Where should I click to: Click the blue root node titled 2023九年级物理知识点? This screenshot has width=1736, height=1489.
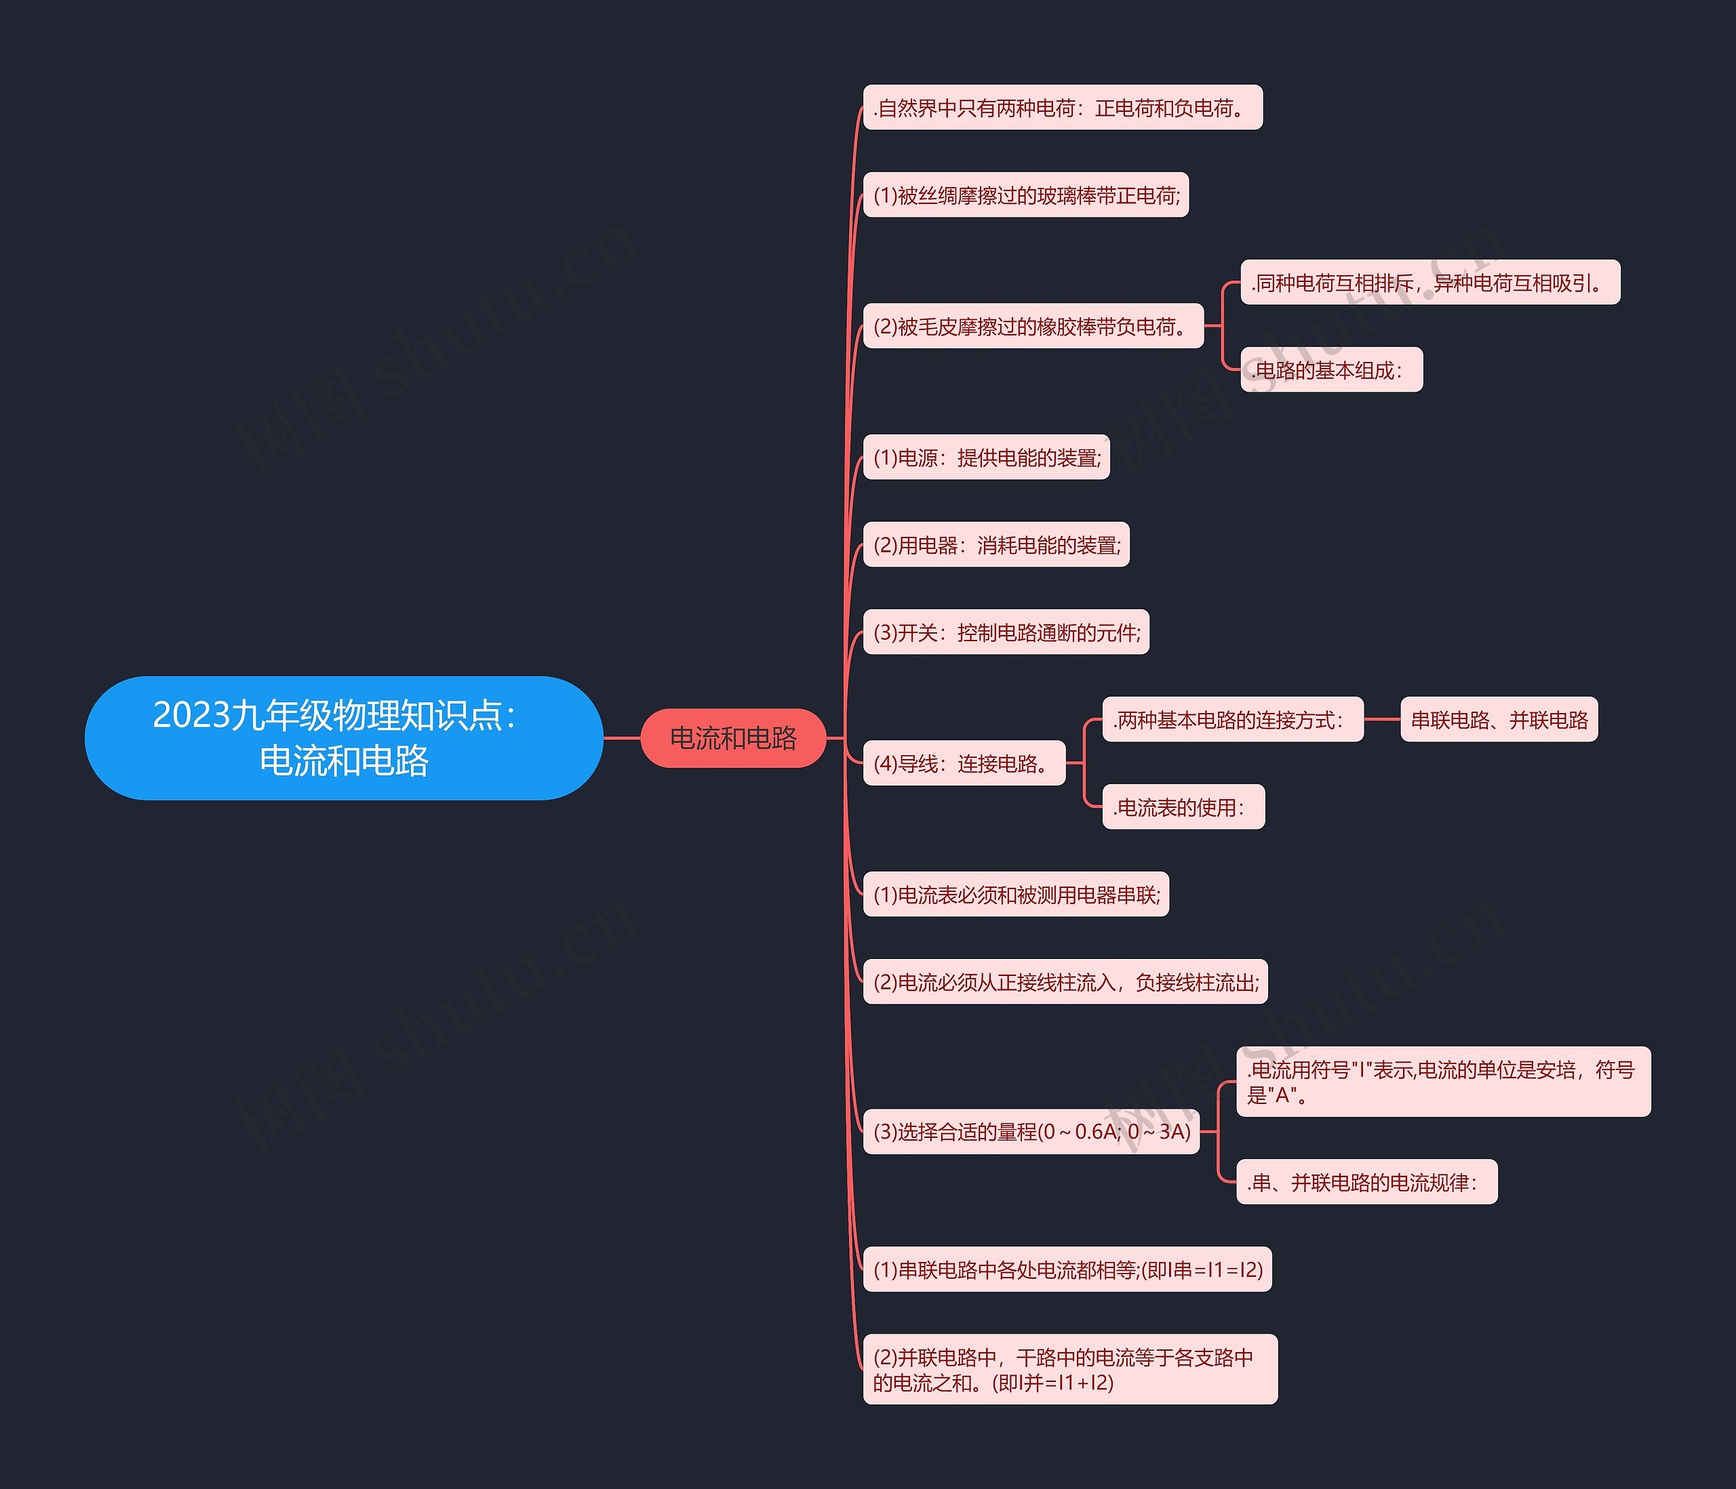[344, 738]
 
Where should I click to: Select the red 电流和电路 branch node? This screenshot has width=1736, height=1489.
[733, 738]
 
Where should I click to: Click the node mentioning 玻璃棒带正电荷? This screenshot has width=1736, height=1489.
[1025, 195]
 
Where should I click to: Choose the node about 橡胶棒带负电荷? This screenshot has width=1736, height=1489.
[1032, 327]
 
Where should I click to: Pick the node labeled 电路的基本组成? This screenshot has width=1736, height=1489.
[1330, 370]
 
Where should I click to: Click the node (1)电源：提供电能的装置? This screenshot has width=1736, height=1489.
[986, 457]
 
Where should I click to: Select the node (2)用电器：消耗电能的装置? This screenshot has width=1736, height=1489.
[996, 545]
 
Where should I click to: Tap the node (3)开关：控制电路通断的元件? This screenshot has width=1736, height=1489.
[1006, 632]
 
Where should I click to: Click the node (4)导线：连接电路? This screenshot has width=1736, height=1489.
[964, 764]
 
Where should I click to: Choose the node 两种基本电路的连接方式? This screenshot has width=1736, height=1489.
[1232, 720]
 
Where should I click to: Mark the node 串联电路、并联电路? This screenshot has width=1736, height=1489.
[1499, 720]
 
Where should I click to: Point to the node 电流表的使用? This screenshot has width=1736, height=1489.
[1183, 807]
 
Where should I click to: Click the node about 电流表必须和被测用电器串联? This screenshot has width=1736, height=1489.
[1015, 895]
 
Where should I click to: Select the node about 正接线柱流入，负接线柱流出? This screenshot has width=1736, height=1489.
[1065, 982]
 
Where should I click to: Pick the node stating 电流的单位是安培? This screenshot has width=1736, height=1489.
[1443, 1082]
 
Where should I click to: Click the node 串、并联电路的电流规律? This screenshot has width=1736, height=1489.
[1366, 1183]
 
